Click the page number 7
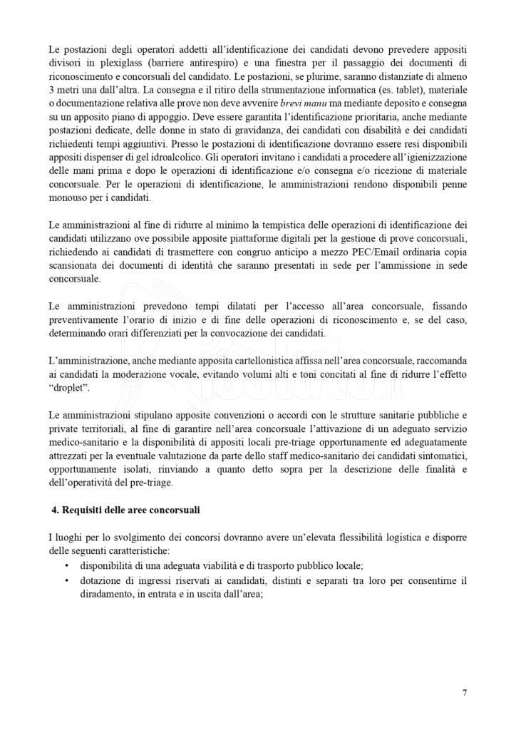pyautogui.click(x=464, y=692)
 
